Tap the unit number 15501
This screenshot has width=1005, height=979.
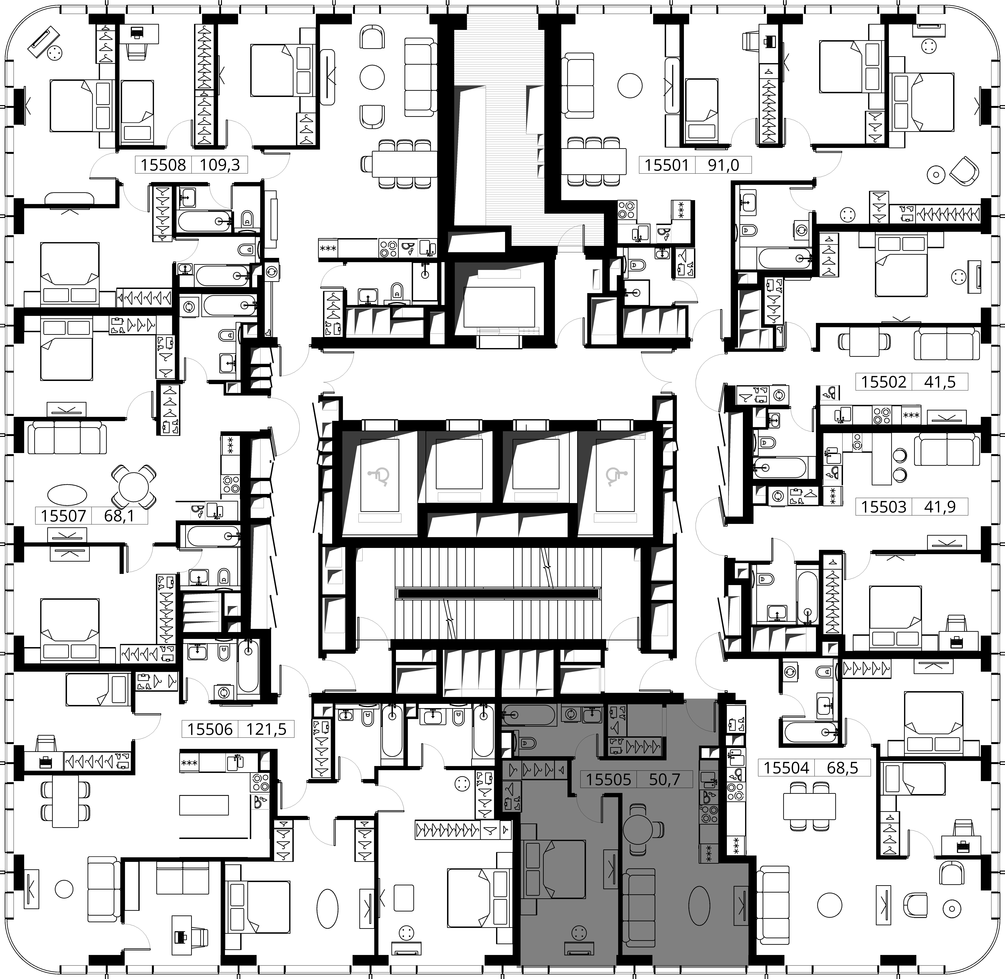coord(667,165)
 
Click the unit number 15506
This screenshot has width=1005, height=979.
coord(210,729)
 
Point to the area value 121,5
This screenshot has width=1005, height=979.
coord(266,729)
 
